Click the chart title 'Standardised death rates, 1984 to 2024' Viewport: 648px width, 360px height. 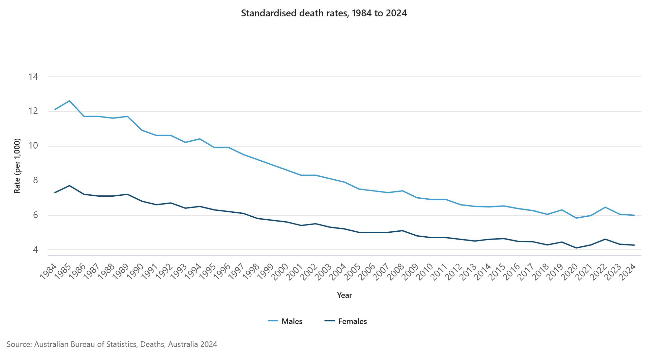click(324, 13)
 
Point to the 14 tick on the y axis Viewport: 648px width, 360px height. click(33, 77)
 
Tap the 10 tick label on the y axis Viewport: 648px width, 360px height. click(33, 146)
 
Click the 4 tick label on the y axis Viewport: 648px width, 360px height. click(35, 250)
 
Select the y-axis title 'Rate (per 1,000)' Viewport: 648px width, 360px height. click(17, 166)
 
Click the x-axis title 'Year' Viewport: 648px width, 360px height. click(344, 295)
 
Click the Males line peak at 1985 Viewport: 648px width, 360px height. click(69, 101)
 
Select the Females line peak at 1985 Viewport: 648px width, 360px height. click(69, 186)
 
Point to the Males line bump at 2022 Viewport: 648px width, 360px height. click(605, 207)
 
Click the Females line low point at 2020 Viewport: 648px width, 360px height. click(576, 248)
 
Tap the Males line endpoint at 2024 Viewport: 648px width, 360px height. click(634, 215)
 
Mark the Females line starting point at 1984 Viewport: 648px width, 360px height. click(55, 192)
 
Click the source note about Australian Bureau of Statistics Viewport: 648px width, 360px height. click(112, 344)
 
